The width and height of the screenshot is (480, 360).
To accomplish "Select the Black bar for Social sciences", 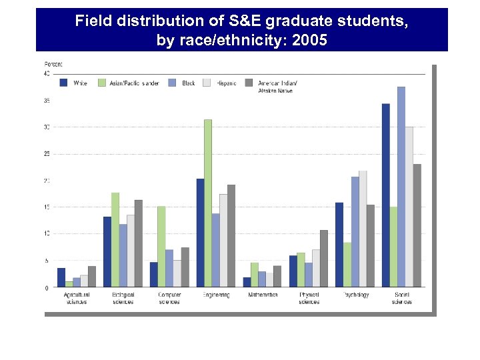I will click(401, 187).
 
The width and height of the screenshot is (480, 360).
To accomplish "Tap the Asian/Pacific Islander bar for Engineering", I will click(208, 203).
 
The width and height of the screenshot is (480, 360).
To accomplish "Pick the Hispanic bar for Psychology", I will click(363, 229).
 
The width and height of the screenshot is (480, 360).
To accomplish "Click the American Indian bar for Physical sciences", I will click(324, 259).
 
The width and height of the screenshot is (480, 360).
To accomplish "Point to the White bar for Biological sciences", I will click(107, 252).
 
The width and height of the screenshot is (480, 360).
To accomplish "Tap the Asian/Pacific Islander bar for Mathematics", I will click(255, 275).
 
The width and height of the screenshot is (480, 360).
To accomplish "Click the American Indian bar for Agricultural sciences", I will click(92, 277).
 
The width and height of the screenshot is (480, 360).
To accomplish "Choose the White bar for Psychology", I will click(339, 245).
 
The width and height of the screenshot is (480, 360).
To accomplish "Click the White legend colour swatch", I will click(64, 83).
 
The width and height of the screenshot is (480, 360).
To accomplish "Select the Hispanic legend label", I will click(226, 83).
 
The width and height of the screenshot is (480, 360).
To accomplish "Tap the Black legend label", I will click(189, 83).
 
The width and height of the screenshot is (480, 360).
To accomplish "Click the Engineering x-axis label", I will click(215, 295).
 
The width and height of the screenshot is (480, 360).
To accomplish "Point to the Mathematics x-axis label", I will click(263, 295).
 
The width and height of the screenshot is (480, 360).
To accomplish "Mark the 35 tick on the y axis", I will click(47, 101).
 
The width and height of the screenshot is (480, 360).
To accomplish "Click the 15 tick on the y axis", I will click(47, 207).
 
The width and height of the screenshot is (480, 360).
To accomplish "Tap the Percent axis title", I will click(53, 64).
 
